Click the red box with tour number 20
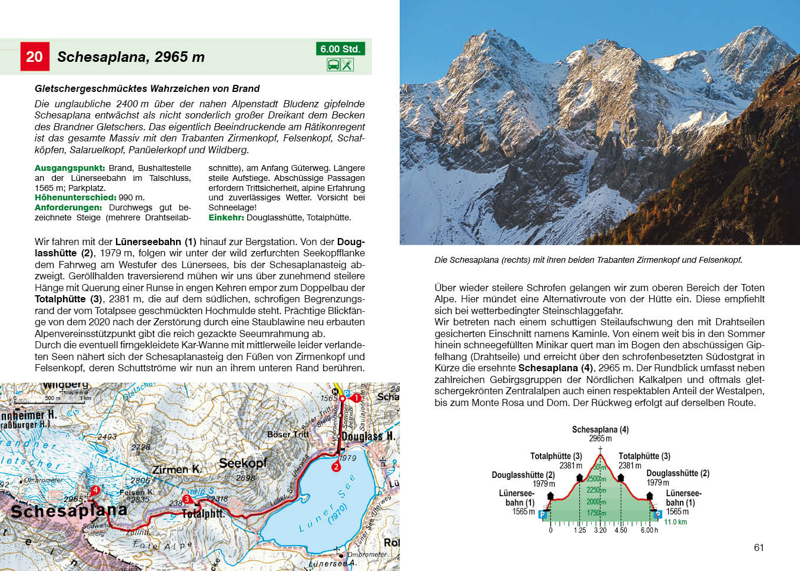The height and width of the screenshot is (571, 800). pyautogui.click(x=34, y=57)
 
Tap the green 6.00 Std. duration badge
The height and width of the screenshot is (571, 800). pyautogui.click(x=340, y=49)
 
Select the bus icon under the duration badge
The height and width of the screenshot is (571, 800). pyautogui.click(x=333, y=65)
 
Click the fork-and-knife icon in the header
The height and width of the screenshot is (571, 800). pyautogui.click(x=347, y=65)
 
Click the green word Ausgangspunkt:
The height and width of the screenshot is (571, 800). pyautogui.click(x=69, y=168)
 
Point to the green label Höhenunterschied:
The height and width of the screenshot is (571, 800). pyautogui.click(x=75, y=197)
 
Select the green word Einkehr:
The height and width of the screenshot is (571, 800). pyautogui.click(x=226, y=217)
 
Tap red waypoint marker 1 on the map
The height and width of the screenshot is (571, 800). pyautogui.click(x=356, y=398)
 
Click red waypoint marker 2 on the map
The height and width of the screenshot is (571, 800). pyautogui.click(x=336, y=467)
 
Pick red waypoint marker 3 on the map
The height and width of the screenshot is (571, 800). pyautogui.click(x=187, y=499)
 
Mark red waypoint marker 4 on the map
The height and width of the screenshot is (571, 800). pyautogui.click(x=95, y=490)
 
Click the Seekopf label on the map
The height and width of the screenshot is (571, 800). pyautogui.click(x=243, y=463)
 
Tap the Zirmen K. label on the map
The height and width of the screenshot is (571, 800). pyautogui.click(x=177, y=470)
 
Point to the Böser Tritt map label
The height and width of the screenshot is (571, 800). pyautogui.click(x=288, y=434)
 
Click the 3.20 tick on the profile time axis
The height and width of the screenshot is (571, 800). pyautogui.click(x=600, y=530)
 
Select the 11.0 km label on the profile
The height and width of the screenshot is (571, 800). pyautogui.click(x=675, y=522)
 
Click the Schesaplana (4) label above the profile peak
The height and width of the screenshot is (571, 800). pyautogui.click(x=600, y=430)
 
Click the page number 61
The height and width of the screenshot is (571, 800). pyautogui.click(x=759, y=547)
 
